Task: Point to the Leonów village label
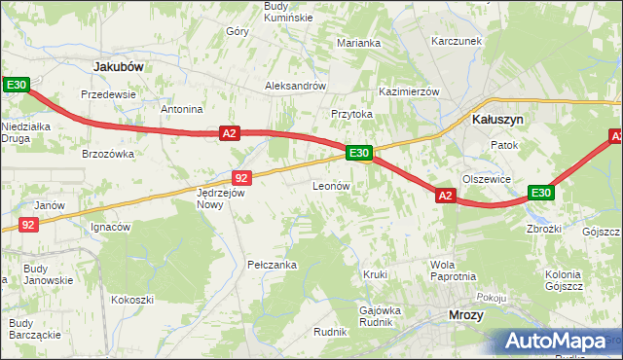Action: pos(331,186)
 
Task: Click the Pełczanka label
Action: pos(272,265)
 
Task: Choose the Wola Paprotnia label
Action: pos(453,270)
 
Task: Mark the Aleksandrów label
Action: pos(295,86)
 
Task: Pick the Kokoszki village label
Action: pos(132,300)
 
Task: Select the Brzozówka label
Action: pos(108,154)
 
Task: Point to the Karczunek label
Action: pos(458,43)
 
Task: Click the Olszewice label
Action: pos(487,179)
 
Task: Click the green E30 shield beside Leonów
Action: pos(358,153)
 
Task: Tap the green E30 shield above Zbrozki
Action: pos(541,193)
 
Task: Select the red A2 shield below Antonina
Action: pos(229,133)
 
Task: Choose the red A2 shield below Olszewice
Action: pos(445,196)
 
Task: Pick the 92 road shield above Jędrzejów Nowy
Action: pos(242,177)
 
